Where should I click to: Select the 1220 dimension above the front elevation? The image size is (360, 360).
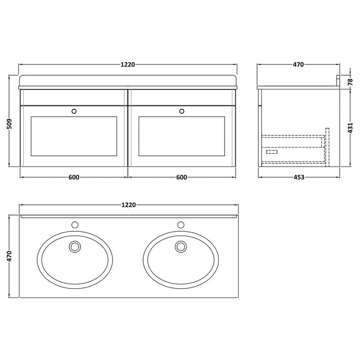point(128,65)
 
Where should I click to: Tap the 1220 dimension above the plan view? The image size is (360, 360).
point(128,205)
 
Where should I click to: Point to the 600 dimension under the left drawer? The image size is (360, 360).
point(74,177)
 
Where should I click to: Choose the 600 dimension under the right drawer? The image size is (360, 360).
point(181,177)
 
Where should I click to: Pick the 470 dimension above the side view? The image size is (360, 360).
point(298,65)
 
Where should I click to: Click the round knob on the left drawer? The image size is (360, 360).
point(74,110)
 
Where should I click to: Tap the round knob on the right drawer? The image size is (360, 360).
point(182,110)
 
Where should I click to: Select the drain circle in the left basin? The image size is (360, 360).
point(74,246)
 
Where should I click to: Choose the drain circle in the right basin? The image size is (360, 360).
point(181,246)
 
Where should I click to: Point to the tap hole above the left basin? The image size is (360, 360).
point(74,224)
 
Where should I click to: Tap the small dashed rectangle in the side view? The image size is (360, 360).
point(272,152)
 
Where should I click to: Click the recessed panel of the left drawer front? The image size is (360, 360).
point(74,136)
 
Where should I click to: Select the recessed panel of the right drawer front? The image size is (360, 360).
point(182,136)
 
